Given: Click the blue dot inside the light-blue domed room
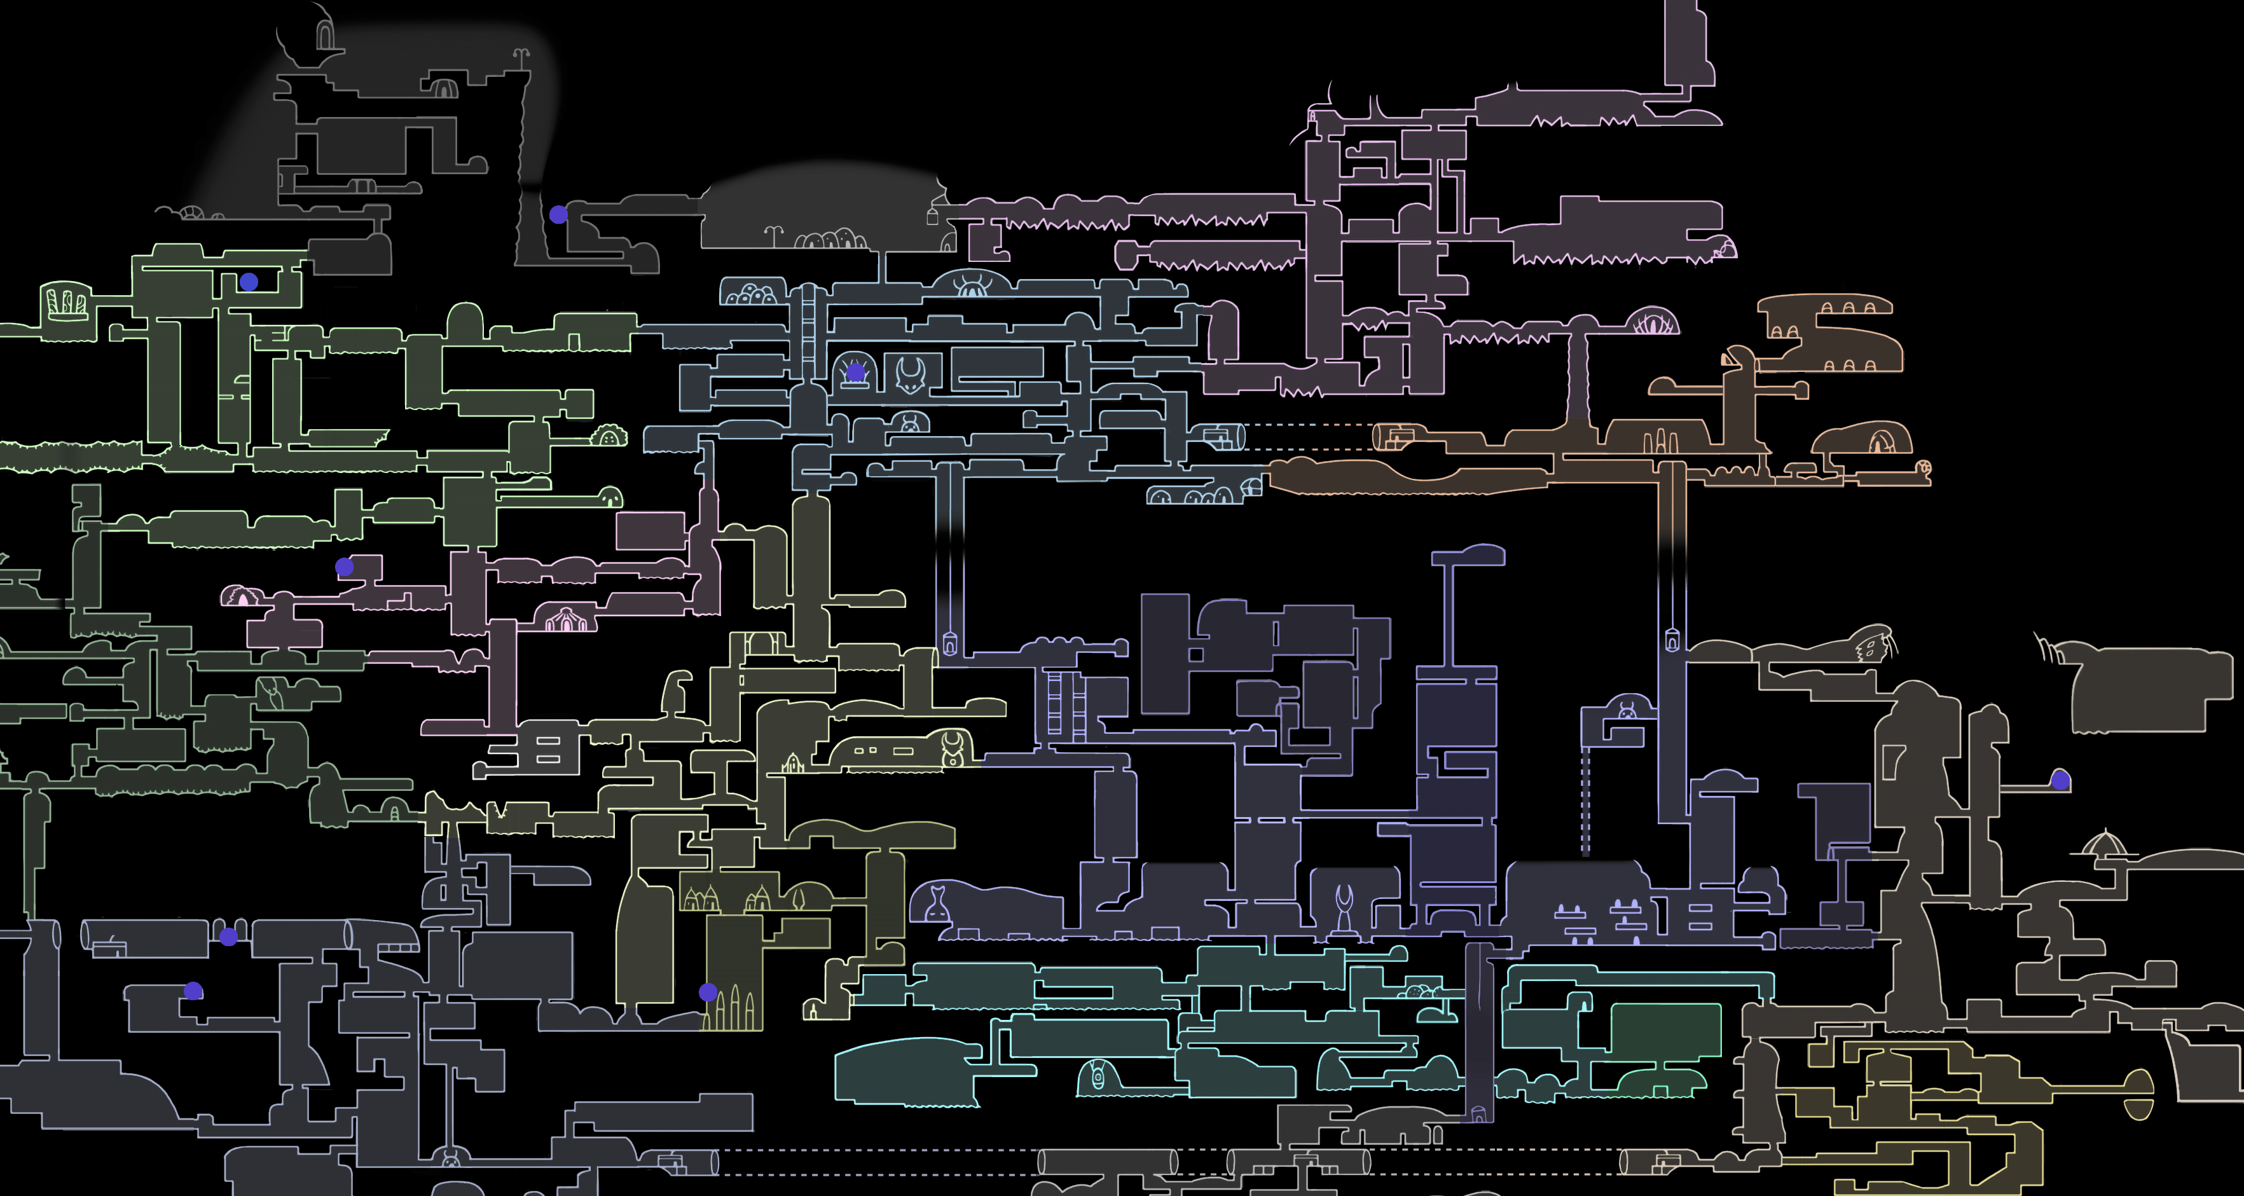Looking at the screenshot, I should click(x=855, y=373).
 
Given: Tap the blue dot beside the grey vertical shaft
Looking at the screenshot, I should click(x=558, y=214).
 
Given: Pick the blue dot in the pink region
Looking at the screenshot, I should click(x=344, y=567).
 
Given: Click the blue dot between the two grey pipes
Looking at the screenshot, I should click(x=228, y=937).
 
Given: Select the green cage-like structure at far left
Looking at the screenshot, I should click(x=66, y=302).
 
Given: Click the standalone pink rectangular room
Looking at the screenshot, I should click(x=650, y=530).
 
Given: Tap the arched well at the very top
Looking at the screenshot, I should click(x=324, y=35).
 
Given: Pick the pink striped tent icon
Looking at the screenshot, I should click(x=566, y=620).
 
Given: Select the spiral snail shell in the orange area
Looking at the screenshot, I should click(x=1924, y=468).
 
